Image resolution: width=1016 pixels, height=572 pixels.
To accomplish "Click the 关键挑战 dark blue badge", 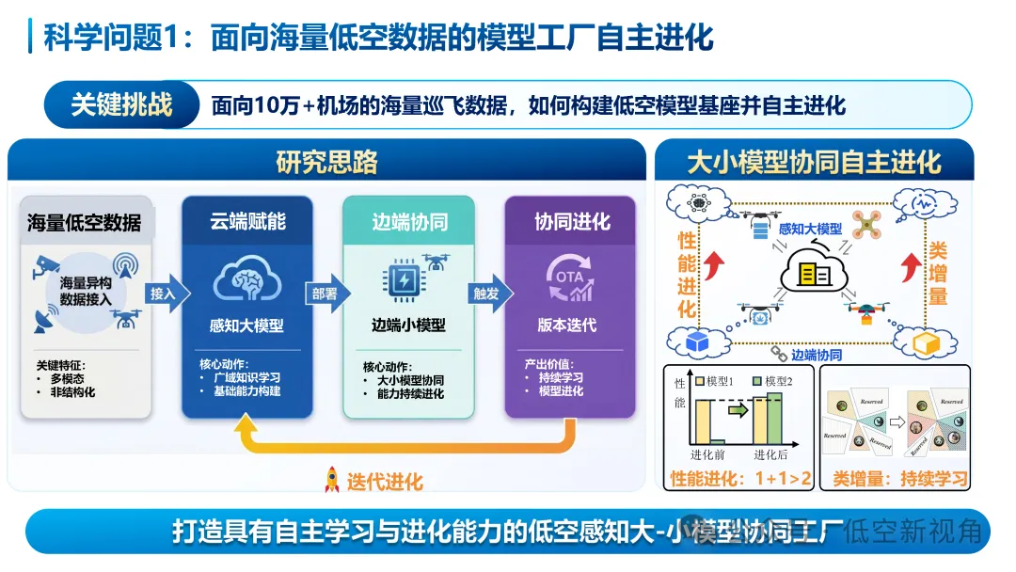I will coord(121,104).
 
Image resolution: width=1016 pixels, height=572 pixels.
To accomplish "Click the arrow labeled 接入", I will coord(166,294).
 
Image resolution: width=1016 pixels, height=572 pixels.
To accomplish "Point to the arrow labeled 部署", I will coord(325,294).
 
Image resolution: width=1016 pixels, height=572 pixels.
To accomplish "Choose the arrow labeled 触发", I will coord(487,294).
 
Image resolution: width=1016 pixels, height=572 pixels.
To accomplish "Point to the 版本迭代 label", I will coord(566,326).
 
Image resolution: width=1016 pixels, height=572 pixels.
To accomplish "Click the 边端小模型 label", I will coord(407,326).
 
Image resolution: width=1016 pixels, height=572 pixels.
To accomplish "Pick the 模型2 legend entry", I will coord(771,381).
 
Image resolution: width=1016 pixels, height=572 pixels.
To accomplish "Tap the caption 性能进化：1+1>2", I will coord(738,479).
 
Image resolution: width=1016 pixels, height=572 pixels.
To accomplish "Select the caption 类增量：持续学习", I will coord(899,479).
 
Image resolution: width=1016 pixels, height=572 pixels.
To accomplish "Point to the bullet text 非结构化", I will coord(72,392).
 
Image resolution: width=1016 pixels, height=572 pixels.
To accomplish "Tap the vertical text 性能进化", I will coord(687,273).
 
